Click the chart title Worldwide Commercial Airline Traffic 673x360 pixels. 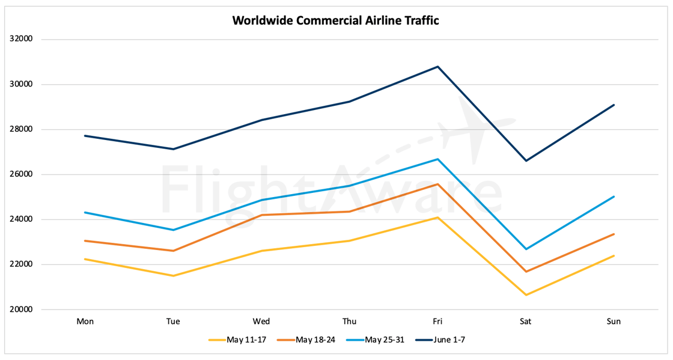pos(335,20)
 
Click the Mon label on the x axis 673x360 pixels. pos(85,322)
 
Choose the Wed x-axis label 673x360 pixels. pos(261,322)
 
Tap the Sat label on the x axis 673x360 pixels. pos(526,322)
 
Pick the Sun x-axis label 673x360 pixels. pos(614,322)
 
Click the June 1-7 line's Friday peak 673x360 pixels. pos(438,67)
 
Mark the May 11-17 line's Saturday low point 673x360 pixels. pos(526,295)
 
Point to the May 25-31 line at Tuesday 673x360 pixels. pos(173,230)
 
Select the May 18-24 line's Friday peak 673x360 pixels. pos(438,184)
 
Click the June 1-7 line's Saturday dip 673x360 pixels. pos(526,160)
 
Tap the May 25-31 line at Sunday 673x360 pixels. pos(614,197)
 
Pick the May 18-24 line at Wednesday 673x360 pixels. pos(261,215)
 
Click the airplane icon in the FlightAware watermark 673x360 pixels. pos(475,129)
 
